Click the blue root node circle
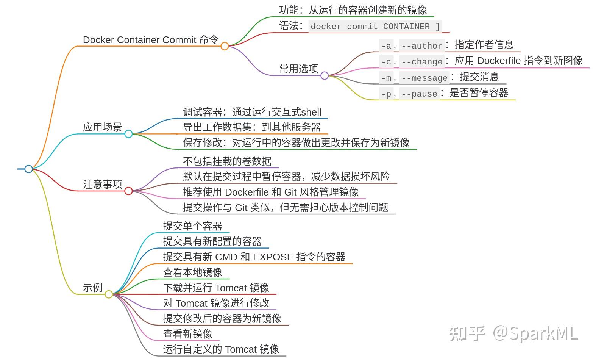pos(28,169)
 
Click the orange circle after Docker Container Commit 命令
pos(225,46)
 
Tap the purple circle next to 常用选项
pos(325,76)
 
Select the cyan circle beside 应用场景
pos(128,134)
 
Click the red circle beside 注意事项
pos(128,191)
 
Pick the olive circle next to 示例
pos(109,294)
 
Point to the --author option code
pos(421,46)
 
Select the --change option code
pos(421,62)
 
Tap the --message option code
pos(424,78)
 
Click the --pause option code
pos(419,94)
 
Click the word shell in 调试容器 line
pos(311,113)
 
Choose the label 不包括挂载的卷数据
pos(227,161)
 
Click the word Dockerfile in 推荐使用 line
pos(247,192)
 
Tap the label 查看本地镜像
pos(192,272)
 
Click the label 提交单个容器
pos(192,226)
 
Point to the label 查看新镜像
pos(187,334)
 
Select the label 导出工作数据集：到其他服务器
pos(252,127)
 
